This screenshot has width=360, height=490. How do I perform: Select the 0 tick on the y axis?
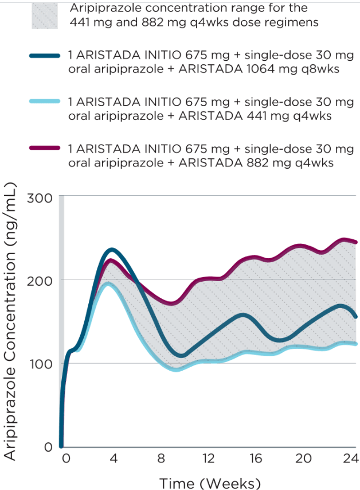pos(48,446)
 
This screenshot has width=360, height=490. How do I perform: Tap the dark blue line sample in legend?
pos(45,56)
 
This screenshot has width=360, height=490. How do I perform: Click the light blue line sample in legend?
pos(45,102)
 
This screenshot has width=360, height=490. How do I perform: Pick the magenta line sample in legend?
pos(45,148)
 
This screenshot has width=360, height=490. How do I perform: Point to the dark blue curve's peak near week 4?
pos(112,250)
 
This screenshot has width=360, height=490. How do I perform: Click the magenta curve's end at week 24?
pos(357,242)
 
